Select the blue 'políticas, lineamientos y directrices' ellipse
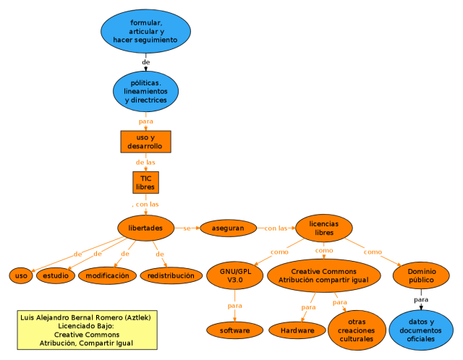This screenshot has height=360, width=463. coord(145,92)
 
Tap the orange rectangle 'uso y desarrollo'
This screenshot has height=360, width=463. coord(145,142)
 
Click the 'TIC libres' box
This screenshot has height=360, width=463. coord(145,182)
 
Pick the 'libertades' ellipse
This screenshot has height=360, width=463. coord(145,228)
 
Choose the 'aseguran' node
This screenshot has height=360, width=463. coord(228,228)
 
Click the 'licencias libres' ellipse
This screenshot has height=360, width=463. coord(324,228)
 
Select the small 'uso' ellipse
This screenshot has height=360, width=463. coord(21,275)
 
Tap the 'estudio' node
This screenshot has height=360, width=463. coord(56,275)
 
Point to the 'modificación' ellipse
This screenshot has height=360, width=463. coord(107,275)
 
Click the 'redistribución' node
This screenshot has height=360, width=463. coord(171,275)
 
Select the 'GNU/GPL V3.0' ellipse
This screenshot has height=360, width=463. coord(234,275)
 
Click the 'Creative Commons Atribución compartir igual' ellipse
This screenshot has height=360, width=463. coord(324,275)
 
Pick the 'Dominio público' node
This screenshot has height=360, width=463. coord(421,275)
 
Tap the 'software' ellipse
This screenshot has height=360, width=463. coord(234,330)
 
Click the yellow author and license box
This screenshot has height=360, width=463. coord(87,330)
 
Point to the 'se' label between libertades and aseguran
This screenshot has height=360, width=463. coord(187,228)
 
